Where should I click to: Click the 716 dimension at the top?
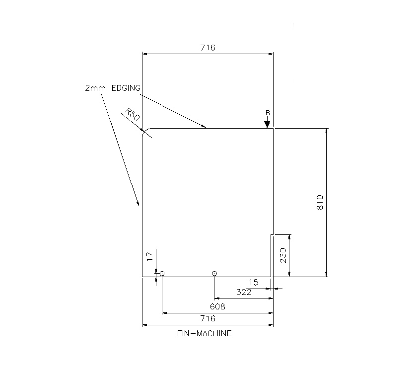(x=208, y=48)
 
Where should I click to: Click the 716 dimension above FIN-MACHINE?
(x=208, y=318)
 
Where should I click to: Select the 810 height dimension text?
(x=320, y=202)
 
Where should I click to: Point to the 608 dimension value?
(x=217, y=306)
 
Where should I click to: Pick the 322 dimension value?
(x=243, y=293)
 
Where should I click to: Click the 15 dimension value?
(x=253, y=282)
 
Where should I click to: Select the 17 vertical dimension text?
(x=149, y=257)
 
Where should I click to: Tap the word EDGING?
(x=126, y=88)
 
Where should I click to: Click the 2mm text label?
(x=95, y=88)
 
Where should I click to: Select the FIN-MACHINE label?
(x=204, y=334)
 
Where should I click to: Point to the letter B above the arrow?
(x=267, y=113)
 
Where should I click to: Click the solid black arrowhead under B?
(x=267, y=124)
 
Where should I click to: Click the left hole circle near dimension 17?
(x=162, y=274)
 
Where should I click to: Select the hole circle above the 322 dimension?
(x=214, y=273)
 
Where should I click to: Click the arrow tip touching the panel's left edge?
(x=139, y=205)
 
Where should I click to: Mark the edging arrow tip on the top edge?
(x=206, y=128)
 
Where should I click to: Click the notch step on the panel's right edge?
(x=272, y=234)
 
